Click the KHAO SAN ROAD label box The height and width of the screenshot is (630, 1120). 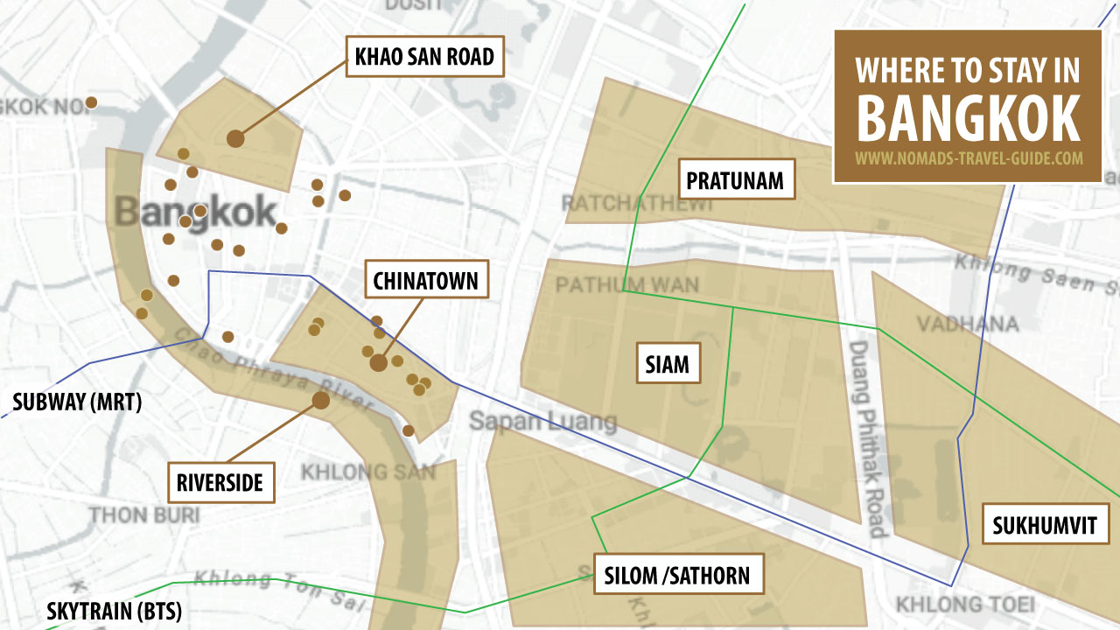click(x=424, y=57)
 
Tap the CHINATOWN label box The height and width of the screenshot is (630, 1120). click(x=425, y=280)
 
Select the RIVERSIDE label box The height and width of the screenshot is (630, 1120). click(x=220, y=483)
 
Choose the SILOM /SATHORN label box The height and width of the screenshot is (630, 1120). click(x=676, y=575)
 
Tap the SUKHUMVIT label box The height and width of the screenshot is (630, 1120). click(x=1050, y=526)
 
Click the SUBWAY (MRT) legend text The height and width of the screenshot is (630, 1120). click(x=77, y=402)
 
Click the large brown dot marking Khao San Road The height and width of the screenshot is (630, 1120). click(x=234, y=138)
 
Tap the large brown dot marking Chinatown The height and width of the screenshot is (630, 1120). click(x=378, y=362)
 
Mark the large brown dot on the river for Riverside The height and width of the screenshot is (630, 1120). click(x=321, y=400)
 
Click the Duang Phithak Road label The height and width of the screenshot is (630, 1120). click(x=868, y=437)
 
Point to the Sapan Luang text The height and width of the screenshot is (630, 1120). click(x=542, y=421)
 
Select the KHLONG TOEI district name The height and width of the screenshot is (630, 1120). click(x=964, y=604)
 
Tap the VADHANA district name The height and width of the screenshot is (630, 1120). click(x=968, y=325)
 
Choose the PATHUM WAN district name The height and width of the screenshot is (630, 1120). click(x=626, y=285)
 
